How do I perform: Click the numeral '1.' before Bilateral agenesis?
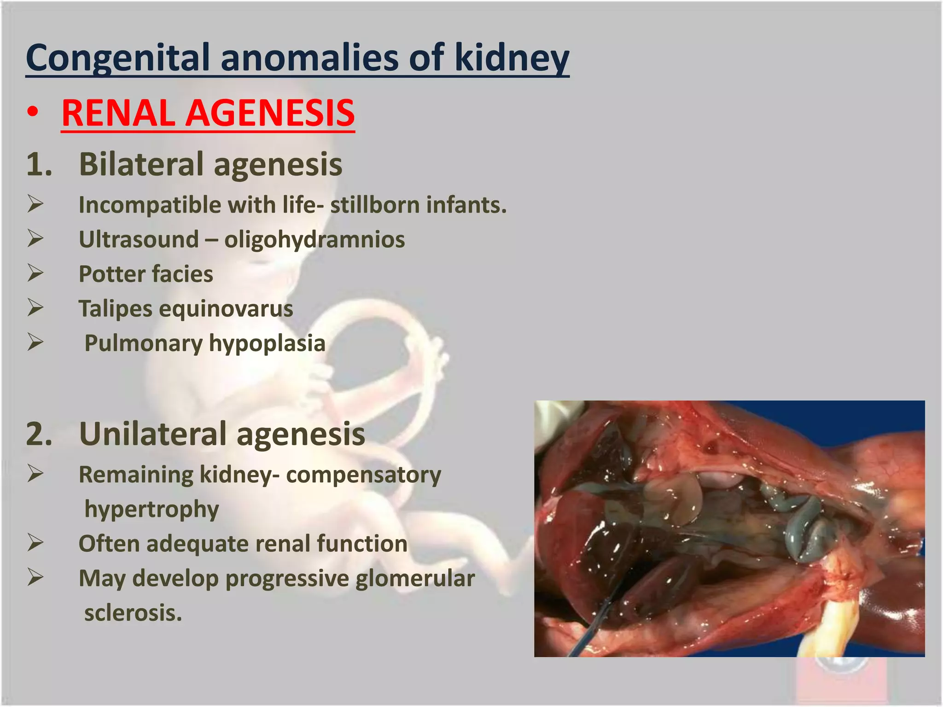[39, 164]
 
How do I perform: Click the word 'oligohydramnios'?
[314, 240]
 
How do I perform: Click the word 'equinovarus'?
[226, 309]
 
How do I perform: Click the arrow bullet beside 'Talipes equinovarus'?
[35, 307]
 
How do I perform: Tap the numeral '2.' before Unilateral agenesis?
[39, 434]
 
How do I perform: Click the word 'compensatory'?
[363, 475]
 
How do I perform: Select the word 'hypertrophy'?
[151, 510]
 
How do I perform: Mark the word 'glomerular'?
[415, 579]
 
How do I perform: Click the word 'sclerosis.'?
[133, 613]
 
